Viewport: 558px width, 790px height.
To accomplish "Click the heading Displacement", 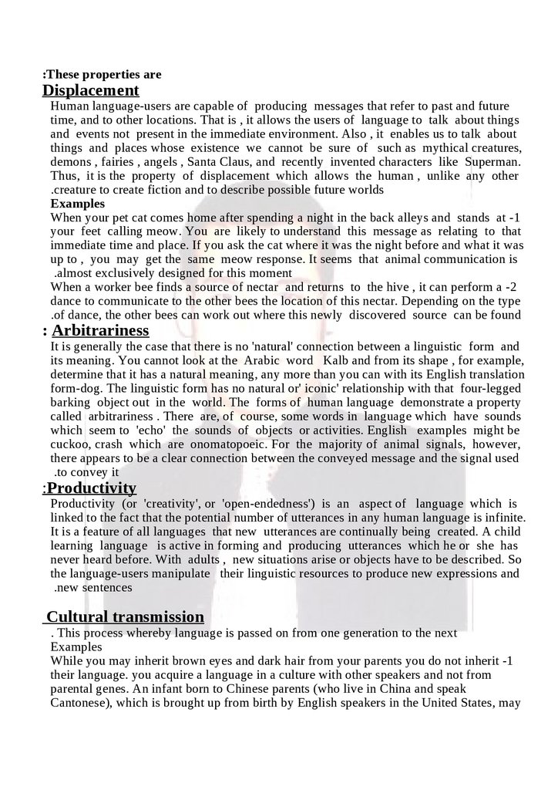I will (90, 90).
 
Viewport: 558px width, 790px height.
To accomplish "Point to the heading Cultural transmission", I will (126, 616).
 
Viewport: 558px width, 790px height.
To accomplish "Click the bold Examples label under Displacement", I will (77, 204).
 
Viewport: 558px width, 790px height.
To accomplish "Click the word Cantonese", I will (81, 703).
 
